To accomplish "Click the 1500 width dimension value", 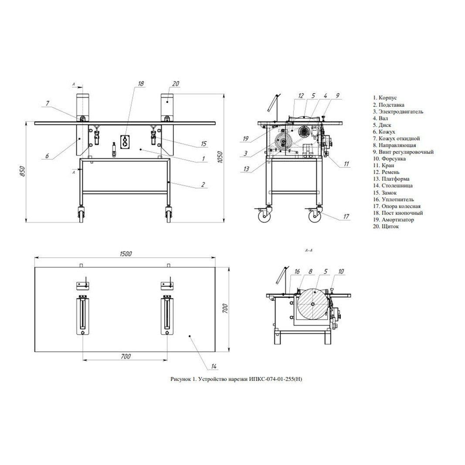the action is coord(126,254).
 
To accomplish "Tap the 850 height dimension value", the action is coord(23,171).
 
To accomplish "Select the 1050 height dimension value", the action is coord(220,157).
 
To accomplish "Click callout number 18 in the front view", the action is coord(141,84).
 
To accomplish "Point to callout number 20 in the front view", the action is coord(176,84).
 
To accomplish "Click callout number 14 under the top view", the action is coord(214,366).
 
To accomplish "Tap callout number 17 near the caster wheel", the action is coord(346,217).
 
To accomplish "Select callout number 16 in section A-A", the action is coord(297,272).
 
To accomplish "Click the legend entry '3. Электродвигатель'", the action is coord(398,112).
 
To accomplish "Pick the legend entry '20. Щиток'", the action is coord(386,226).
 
